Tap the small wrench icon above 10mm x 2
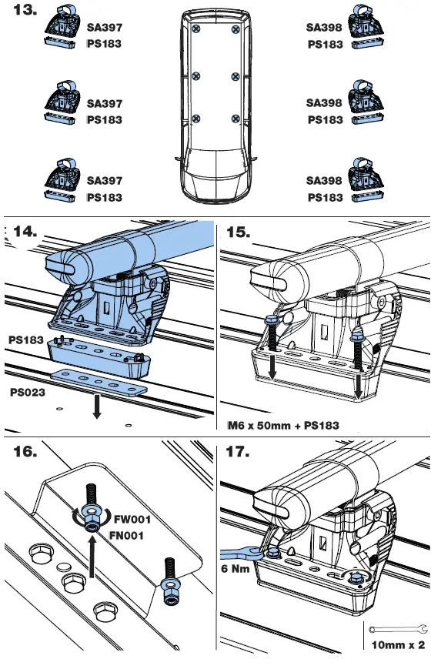pyautogui.click(x=396, y=630)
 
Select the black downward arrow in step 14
pyautogui.click(x=96, y=407)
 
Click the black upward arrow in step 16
pyautogui.click(x=92, y=554)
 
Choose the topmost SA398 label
pyautogui.click(x=322, y=27)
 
